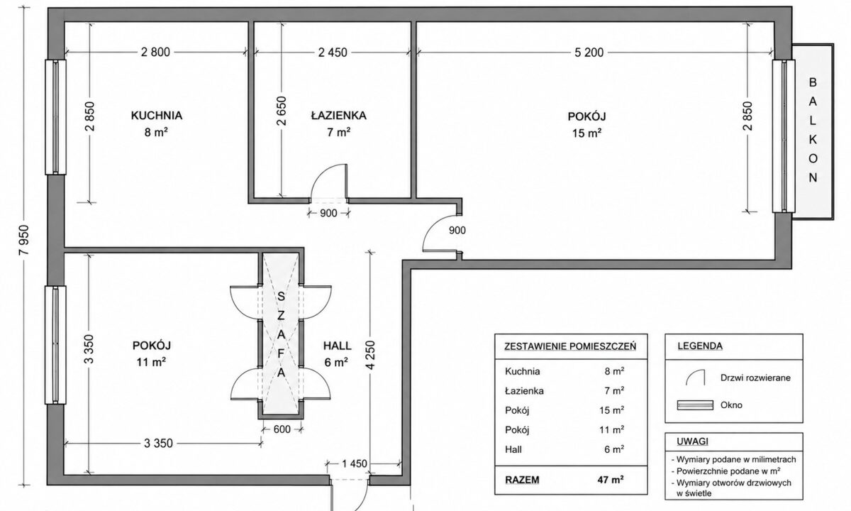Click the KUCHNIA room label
[x=157, y=116]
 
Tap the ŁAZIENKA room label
[x=338, y=115]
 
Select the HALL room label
[x=337, y=346]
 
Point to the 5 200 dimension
[x=589, y=53]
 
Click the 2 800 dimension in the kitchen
[x=155, y=52]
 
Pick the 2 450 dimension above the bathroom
[x=333, y=53]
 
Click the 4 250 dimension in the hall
[x=371, y=355]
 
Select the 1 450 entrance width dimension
[x=355, y=464]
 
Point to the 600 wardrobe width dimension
[x=282, y=429]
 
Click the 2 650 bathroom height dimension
[x=282, y=111]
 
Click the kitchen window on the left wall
[x=55, y=117]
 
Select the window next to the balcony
[x=784, y=136]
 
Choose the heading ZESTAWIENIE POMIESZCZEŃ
[x=570, y=346]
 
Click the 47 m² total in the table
[x=611, y=480]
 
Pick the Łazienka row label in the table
[x=524, y=391]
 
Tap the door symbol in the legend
[x=695, y=377]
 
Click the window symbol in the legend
[x=695, y=405]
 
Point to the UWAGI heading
[x=693, y=441]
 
